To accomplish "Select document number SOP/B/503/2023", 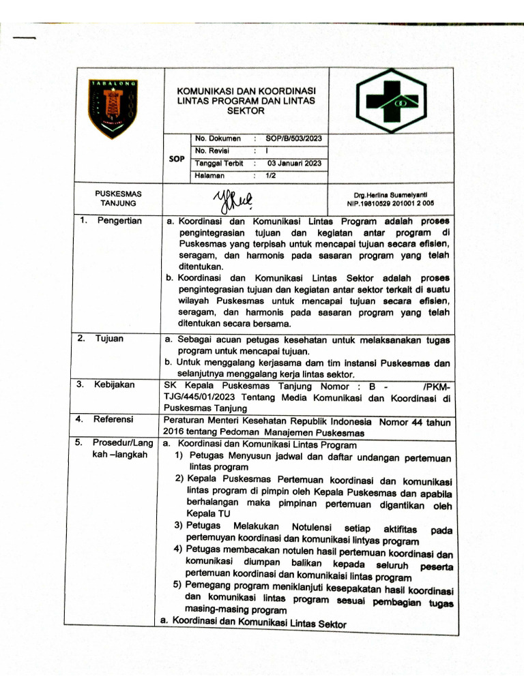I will point(294,138).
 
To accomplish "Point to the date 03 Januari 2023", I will point(294,163).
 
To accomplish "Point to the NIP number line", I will point(390,203).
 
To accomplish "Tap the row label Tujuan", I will point(109,338).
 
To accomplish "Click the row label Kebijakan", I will point(114,384).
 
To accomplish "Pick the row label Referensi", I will point(114,419).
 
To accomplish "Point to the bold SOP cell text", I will point(176,158).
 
